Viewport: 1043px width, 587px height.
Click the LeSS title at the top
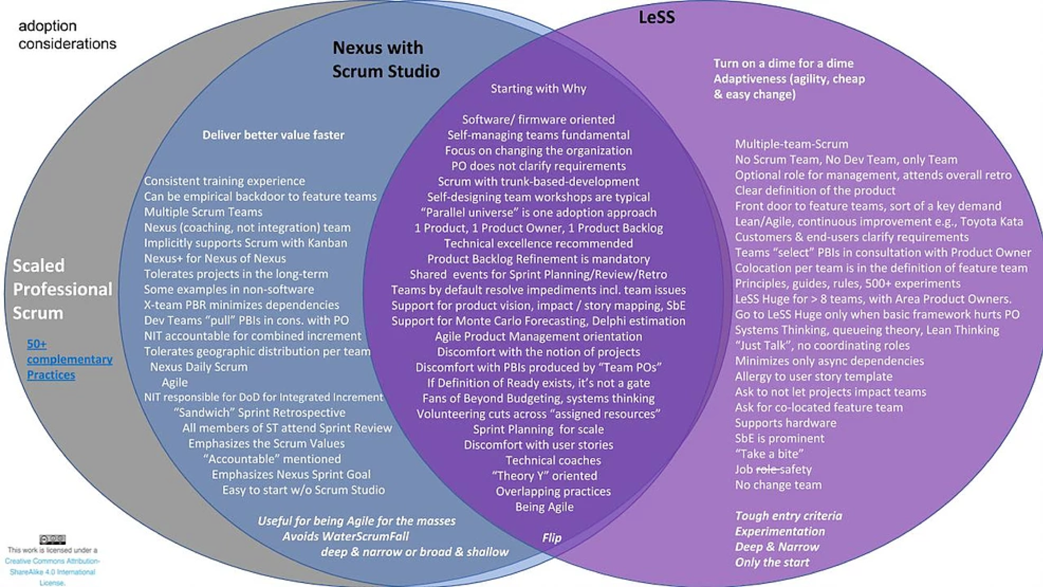(x=656, y=17)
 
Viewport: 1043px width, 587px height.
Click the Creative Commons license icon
(x=53, y=539)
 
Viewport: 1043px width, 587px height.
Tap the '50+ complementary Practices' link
(x=69, y=360)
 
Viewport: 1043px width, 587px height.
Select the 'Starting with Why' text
(x=538, y=89)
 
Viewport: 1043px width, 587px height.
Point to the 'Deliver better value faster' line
(x=273, y=135)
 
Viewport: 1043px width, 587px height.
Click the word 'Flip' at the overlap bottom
(x=552, y=538)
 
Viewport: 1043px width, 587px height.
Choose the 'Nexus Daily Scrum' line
(x=199, y=367)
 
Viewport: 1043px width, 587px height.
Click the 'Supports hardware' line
(x=785, y=423)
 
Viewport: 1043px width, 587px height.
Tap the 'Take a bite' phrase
(x=769, y=454)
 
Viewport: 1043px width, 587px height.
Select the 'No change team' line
(x=778, y=485)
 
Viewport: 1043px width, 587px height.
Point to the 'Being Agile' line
(x=544, y=507)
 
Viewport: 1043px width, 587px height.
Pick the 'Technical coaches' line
(x=553, y=461)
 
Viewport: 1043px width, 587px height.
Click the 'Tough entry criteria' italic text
(x=788, y=516)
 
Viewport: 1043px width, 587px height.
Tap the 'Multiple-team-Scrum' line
(x=792, y=144)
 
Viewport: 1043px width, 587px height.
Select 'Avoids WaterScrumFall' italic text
(x=345, y=536)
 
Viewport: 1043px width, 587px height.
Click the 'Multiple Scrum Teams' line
(x=203, y=212)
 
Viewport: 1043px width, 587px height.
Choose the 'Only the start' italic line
(x=772, y=562)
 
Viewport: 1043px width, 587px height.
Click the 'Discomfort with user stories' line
(x=538, y=445)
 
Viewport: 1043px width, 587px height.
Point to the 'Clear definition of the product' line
(x=815, y=191)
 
